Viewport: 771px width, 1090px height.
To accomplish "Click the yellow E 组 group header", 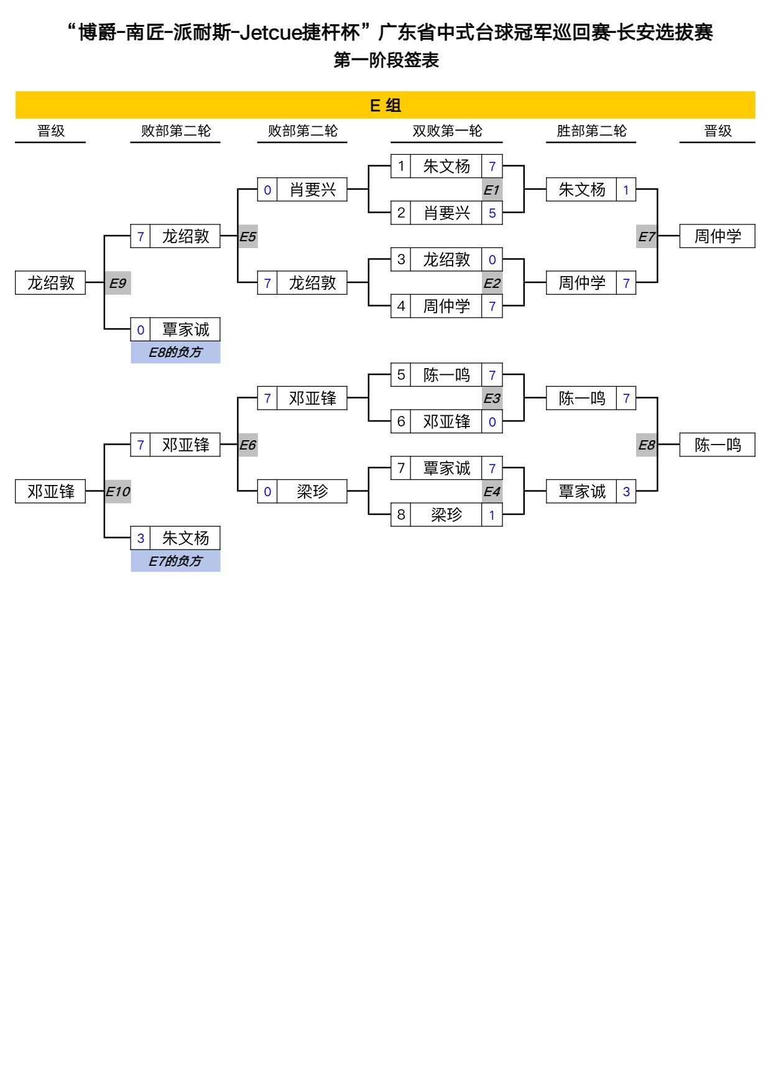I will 386,105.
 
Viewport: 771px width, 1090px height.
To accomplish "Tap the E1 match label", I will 492,190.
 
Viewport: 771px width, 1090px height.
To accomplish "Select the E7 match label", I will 647,236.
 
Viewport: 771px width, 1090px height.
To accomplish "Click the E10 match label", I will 118,492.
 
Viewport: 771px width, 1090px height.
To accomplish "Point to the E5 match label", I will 247,236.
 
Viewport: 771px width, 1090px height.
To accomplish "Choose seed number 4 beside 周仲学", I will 401,306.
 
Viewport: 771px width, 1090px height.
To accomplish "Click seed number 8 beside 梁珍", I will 401,515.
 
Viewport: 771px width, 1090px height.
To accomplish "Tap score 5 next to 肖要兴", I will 492,213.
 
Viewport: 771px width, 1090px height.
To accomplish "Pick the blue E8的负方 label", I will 175,353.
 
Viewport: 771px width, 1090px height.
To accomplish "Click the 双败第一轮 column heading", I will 447,131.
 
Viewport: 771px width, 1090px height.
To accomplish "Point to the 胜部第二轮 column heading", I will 591,131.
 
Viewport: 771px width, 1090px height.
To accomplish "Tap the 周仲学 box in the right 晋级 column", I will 717,236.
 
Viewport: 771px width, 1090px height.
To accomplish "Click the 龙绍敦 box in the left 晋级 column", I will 50,283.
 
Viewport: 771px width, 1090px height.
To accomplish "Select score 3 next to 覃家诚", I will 626,492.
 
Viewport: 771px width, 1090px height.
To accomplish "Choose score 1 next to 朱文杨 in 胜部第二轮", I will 626,190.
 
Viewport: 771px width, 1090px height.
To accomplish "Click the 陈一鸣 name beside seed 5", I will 446,375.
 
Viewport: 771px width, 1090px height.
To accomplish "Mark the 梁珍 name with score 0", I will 312,492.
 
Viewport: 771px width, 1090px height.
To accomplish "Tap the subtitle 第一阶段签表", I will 386,60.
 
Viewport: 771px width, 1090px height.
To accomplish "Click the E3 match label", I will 492,399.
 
